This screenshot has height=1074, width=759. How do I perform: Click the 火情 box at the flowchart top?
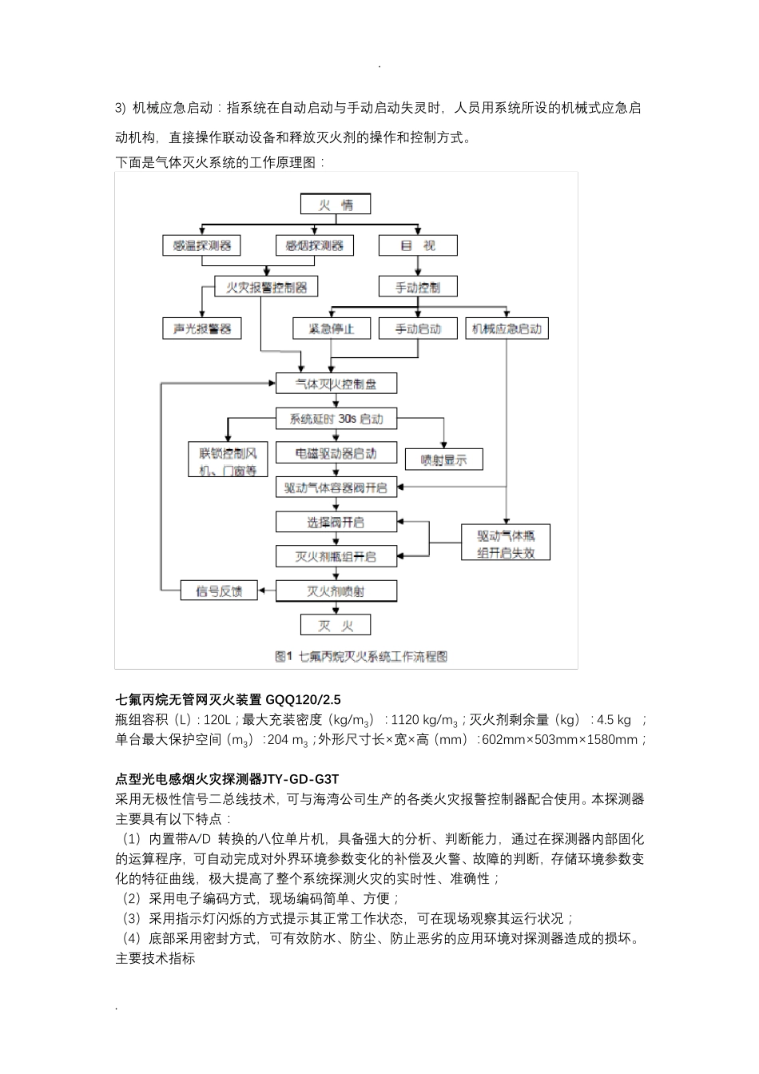336,205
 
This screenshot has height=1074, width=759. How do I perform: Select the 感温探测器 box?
201,245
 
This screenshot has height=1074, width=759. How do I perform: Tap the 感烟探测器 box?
315,245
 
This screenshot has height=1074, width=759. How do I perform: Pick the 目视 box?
418,245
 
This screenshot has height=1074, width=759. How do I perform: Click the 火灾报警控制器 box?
266,287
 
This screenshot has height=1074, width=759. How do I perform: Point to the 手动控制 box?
418,287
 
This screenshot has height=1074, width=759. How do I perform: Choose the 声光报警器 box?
201,328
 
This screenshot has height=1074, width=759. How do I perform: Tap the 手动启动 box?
418,328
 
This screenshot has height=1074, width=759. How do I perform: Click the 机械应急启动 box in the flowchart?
507,328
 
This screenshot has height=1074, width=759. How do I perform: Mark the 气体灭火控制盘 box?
336,384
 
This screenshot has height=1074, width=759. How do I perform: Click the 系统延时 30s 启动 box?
336,419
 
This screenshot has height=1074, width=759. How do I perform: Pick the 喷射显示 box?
443,459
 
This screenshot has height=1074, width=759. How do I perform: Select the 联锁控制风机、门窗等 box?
228,460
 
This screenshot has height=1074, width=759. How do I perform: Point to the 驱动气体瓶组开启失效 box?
506,544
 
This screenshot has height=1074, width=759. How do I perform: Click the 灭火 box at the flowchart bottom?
336,626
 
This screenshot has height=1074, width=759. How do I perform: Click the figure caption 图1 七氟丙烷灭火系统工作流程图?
361,656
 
